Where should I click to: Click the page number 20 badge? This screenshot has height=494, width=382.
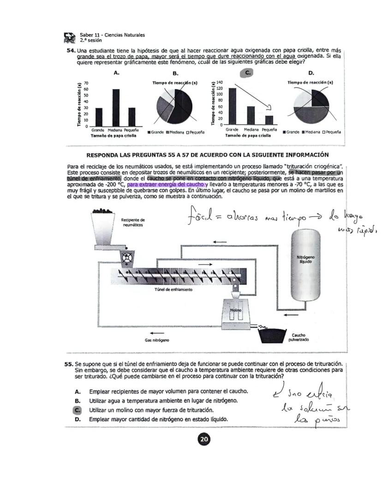pos(203,440)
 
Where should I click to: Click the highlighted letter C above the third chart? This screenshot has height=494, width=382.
pos(247,73)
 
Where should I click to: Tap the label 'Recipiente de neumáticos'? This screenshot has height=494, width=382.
pos(132,222)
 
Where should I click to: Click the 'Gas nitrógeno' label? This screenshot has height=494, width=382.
pos(157,340)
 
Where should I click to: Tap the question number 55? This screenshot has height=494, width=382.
pos(69,364)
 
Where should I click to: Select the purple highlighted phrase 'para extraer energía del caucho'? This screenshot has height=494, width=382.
pos(166,184)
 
